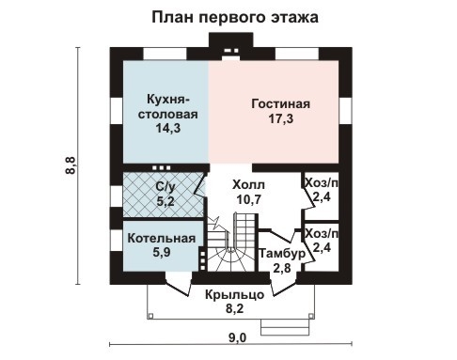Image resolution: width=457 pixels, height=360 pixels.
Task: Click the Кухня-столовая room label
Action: pos(170,106)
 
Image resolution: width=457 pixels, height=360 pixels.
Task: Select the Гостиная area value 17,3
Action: pos(280,120)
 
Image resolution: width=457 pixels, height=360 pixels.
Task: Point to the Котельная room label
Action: pos(162,238)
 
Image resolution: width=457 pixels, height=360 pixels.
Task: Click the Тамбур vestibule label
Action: pos(282,254)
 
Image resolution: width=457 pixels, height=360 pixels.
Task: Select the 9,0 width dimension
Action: pos(236,337)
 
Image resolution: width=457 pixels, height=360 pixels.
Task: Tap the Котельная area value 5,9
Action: pos(162,252)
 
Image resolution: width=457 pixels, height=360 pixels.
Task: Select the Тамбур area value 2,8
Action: pos(282,268)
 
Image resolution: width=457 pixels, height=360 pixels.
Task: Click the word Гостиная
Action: pos(280,104)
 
